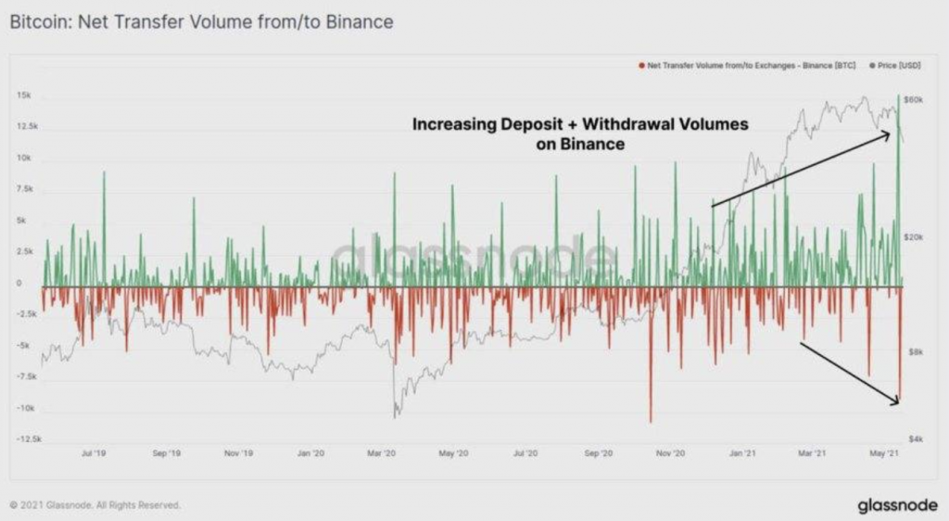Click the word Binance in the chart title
pos(360,22)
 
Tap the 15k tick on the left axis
pos(24,95)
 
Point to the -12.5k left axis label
pos(29,438)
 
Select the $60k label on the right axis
pos(913,100)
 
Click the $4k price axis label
pos(916,438)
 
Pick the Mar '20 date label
pos(381,453)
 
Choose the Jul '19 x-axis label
pos(94,453)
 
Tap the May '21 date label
pos(884,453)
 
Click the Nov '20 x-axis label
pos(670,453)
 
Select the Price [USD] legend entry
pos(895,65)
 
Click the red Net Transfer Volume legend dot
pos(641,65)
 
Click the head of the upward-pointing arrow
pos(890,134)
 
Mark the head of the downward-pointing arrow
pos(899,403)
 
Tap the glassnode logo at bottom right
pos(897,504)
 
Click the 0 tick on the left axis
pos(19,283)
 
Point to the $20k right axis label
pos(913,237)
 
